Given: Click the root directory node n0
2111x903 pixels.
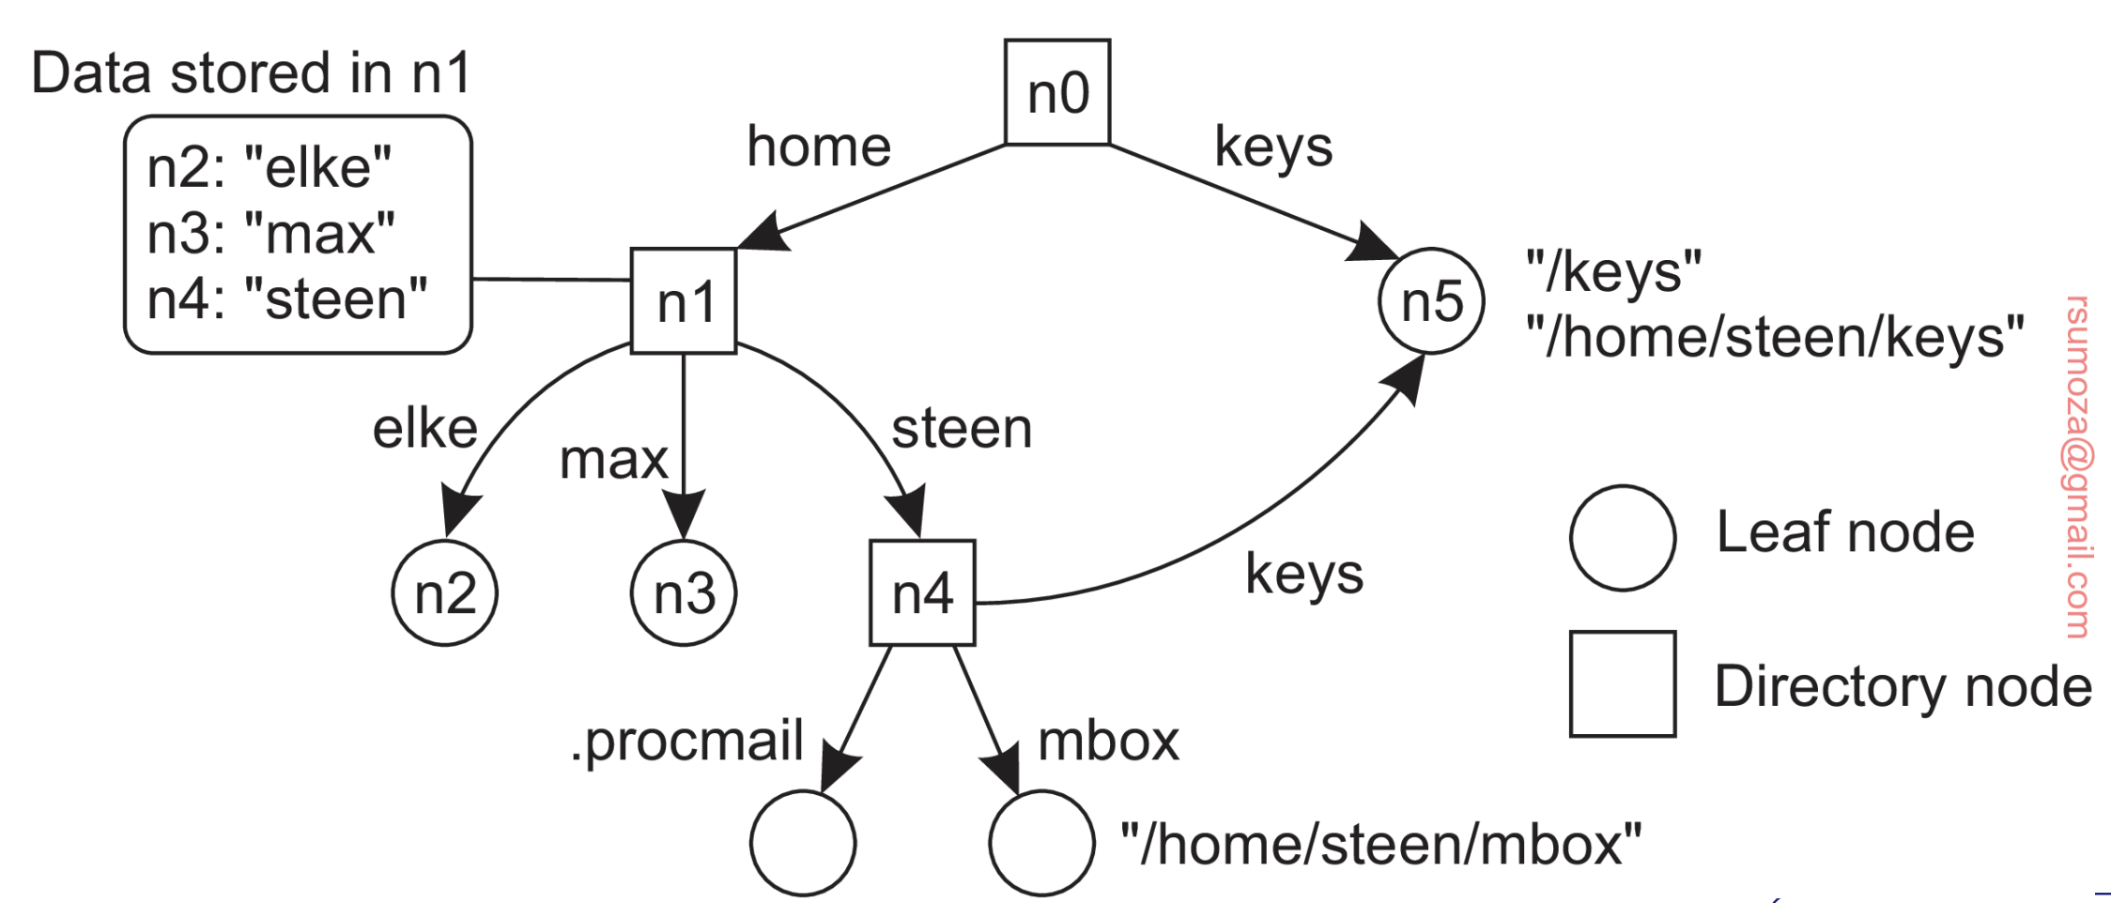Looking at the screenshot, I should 1057,92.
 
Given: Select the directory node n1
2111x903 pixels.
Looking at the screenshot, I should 684,301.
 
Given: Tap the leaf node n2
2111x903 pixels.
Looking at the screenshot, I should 444,593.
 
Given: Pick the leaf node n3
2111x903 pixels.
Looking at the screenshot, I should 684,593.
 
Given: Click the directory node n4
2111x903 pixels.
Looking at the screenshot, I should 922,593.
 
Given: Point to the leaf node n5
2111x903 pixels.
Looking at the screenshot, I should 1431,301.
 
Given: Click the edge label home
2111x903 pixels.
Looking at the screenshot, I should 819,146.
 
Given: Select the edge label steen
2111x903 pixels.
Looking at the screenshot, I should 962,429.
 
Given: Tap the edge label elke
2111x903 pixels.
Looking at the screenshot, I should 425,429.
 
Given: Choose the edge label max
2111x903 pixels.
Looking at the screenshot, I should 613,460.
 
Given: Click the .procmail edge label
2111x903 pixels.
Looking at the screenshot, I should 687,742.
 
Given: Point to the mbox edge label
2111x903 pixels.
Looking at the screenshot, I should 1108,742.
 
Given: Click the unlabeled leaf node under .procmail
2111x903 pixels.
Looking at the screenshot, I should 803,843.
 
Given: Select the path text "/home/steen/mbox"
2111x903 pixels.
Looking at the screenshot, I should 1381,843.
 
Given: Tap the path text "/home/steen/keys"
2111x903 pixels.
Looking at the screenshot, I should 1775,336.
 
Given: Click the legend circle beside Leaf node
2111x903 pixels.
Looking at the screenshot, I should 1623,538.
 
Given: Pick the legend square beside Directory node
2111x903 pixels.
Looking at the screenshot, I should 1623,683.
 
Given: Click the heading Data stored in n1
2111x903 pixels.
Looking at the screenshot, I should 251,73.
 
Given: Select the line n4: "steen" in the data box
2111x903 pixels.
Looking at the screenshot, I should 287,298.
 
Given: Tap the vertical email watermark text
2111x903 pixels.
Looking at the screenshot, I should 2077,467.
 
